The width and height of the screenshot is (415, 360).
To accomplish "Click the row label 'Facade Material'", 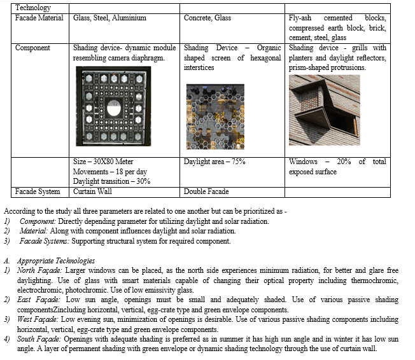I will [39, 18].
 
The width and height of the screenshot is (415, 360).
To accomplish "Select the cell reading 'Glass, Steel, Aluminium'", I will [110, 18].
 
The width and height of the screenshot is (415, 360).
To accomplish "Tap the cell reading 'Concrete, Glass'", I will [207, 18].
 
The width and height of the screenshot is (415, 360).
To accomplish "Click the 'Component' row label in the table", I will [32, 48].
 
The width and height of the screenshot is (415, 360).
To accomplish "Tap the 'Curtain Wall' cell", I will [93, 191].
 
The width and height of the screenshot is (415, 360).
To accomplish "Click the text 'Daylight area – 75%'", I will [215, 162].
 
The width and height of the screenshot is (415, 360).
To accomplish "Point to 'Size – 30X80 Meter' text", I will [103, 162].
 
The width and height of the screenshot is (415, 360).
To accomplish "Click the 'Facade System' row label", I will [38, 191].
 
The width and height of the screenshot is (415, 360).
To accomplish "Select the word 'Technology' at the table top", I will [34, 8].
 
